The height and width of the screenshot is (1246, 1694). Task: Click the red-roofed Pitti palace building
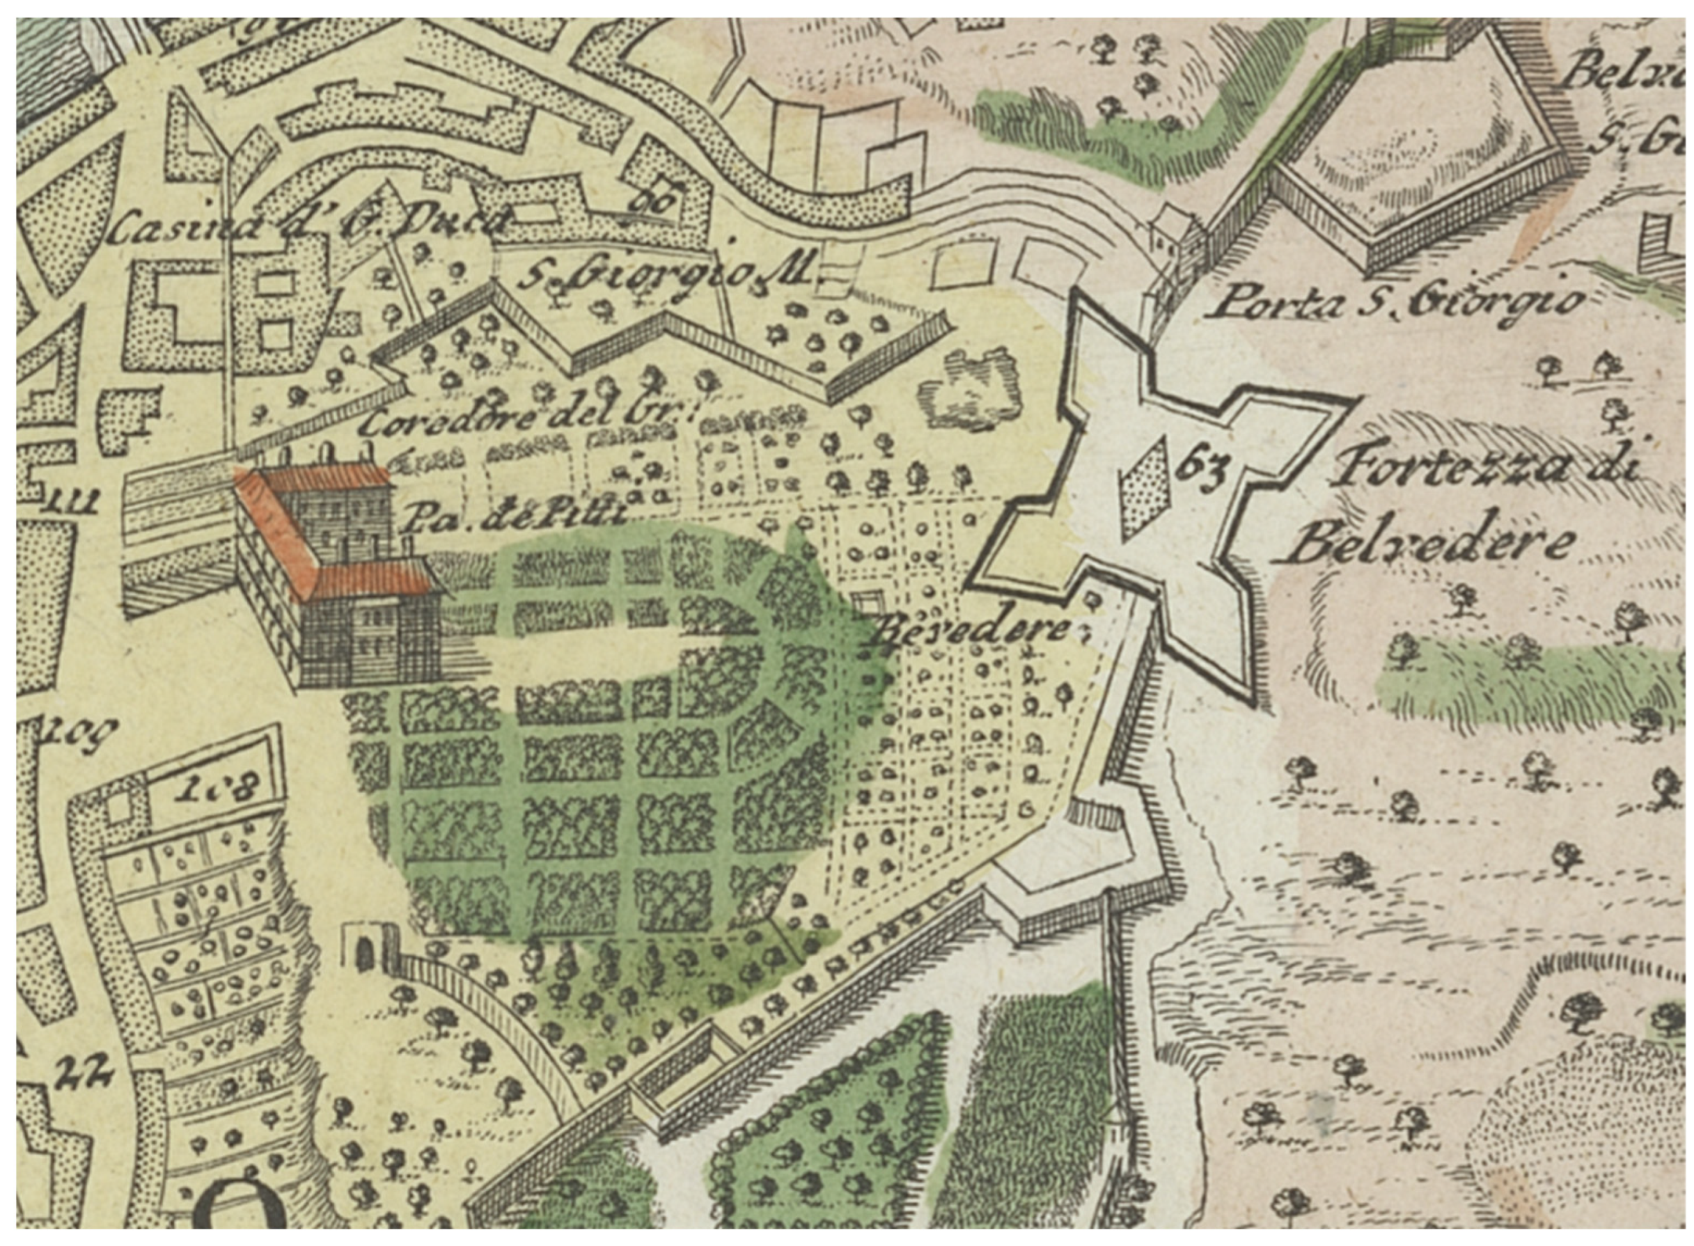click(336, 573)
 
